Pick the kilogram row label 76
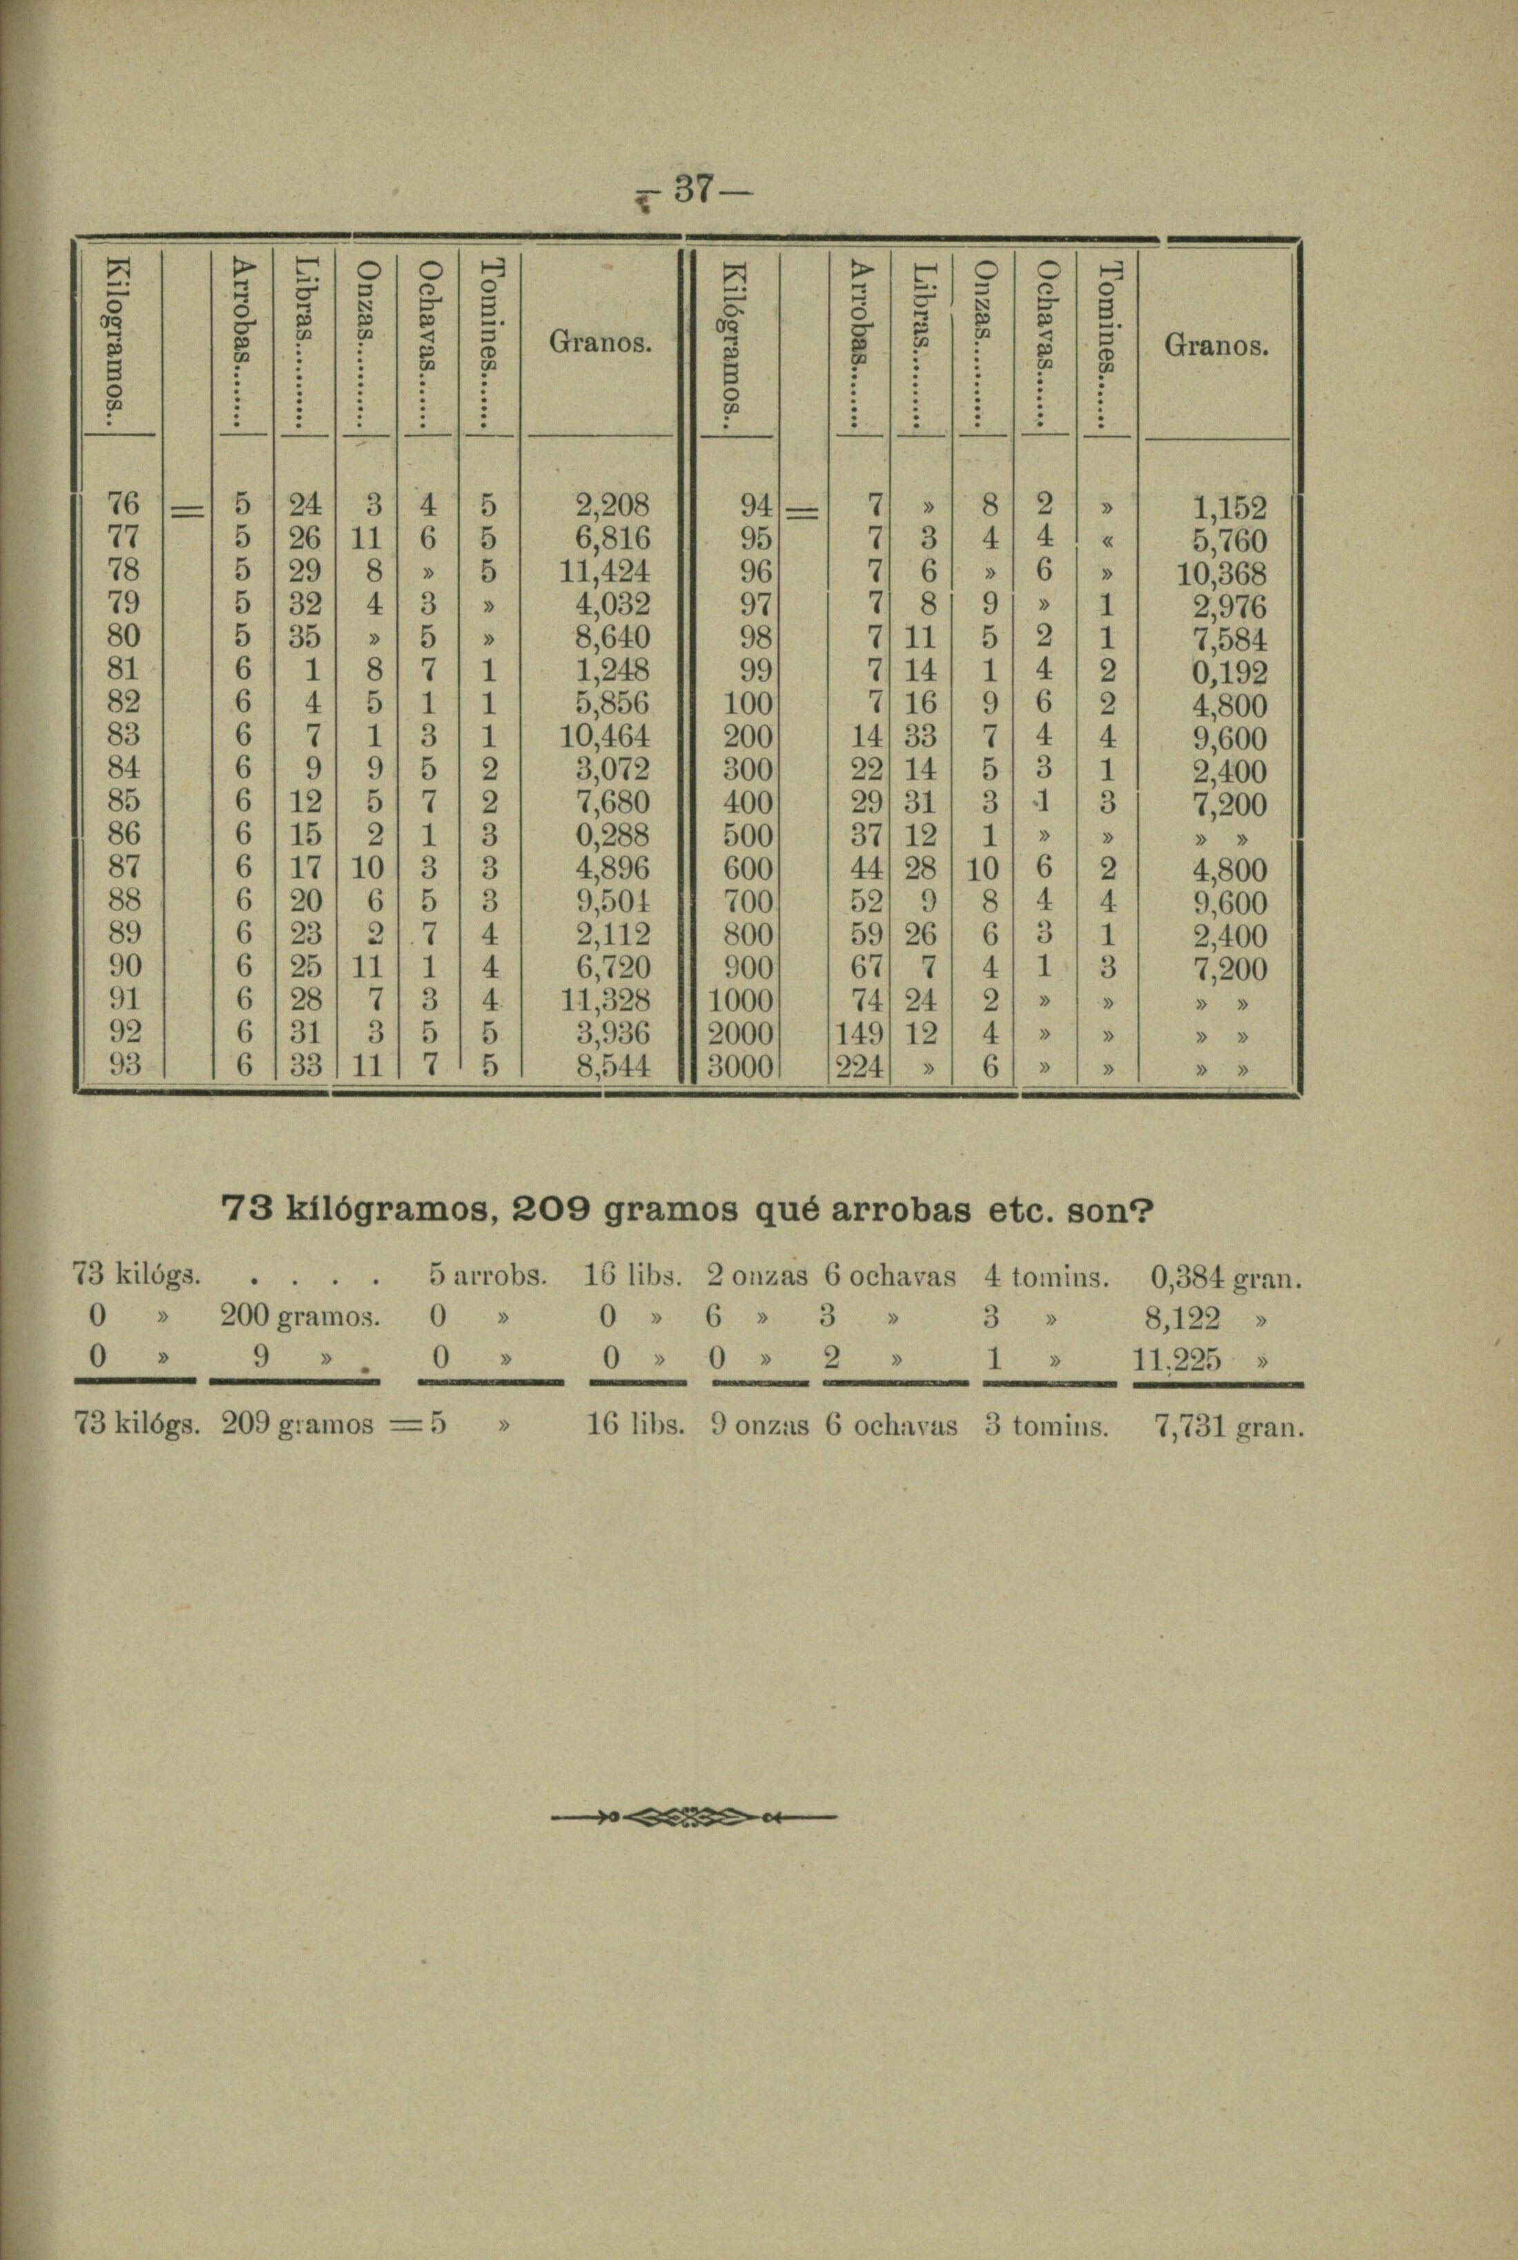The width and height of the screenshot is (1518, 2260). pyautogui.click(x=126, y=503)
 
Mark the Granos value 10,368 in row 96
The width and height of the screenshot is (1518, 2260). pyautogui.click(x=1220, y=574)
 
